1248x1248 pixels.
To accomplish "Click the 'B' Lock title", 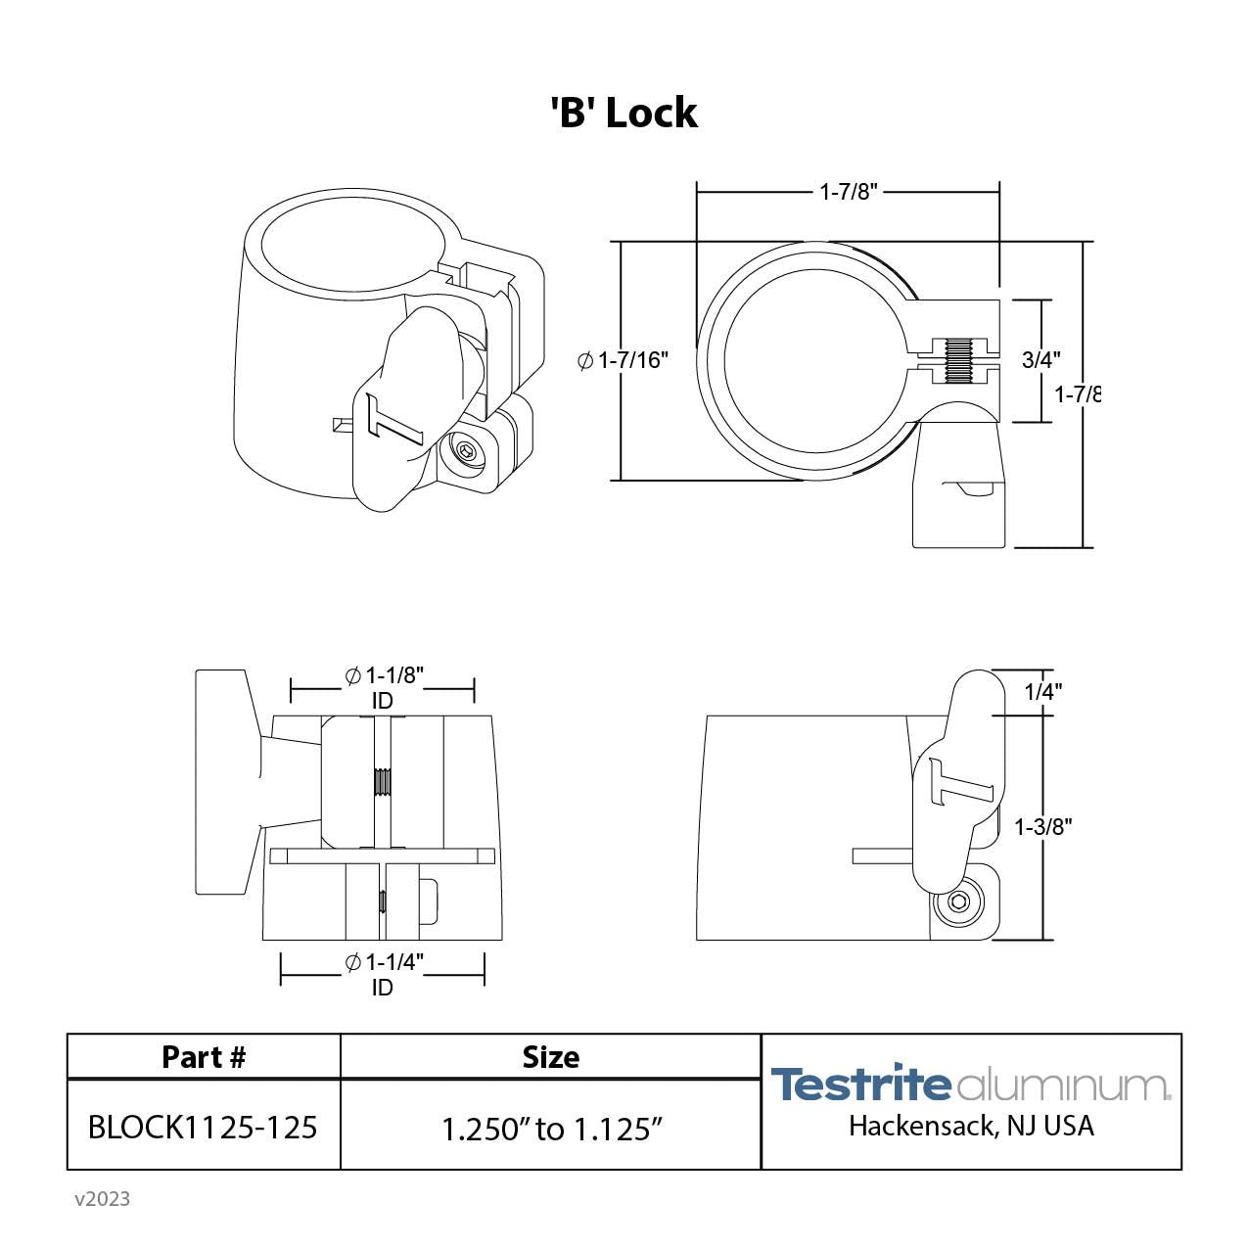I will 624,114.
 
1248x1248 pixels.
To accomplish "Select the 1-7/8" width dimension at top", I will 848,192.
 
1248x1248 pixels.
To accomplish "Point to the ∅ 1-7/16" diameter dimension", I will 624,360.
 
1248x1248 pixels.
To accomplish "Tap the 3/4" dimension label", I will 1040,359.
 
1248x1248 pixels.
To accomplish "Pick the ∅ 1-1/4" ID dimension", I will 383,974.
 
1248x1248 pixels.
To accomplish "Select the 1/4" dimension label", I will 1042,691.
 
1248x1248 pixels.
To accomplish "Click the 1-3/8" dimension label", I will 1042,826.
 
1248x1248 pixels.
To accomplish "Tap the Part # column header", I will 204,1057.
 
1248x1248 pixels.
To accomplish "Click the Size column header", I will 550,1057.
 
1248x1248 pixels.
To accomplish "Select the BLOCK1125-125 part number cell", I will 203,1127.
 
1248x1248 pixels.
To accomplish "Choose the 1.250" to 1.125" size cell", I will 551,1129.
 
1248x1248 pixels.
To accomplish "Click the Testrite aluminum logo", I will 970,1084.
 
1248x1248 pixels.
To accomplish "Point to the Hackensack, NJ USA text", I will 971,1126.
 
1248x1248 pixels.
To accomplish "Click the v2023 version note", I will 102,1198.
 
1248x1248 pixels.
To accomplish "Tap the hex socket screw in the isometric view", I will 466,453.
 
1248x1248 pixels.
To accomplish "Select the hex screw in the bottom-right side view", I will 959,902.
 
